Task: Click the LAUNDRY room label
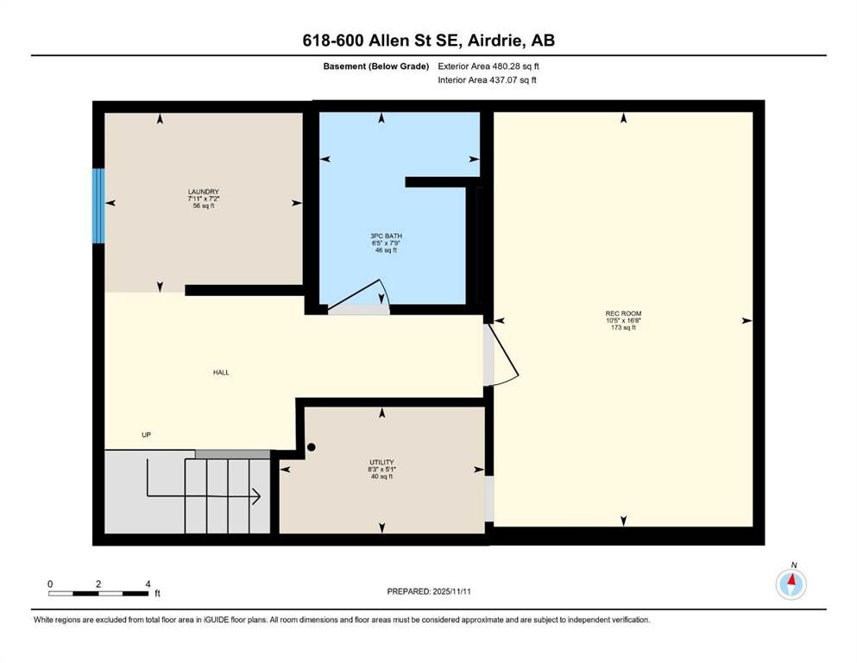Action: [203, 192]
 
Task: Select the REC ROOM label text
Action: [623, 313]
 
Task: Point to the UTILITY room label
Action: [381, 463]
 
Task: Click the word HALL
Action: [222, 373]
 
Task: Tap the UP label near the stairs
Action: [147, 435]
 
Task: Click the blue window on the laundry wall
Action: [98, 205]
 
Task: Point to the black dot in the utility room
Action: [312, 448]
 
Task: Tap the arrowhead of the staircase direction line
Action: [257, 496]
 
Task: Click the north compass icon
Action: [791, 584]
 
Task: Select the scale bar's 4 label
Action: [148, 584]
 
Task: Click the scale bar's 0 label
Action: [50, 584]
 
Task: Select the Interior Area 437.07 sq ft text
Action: [488, 80]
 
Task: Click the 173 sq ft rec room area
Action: [623, 328]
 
